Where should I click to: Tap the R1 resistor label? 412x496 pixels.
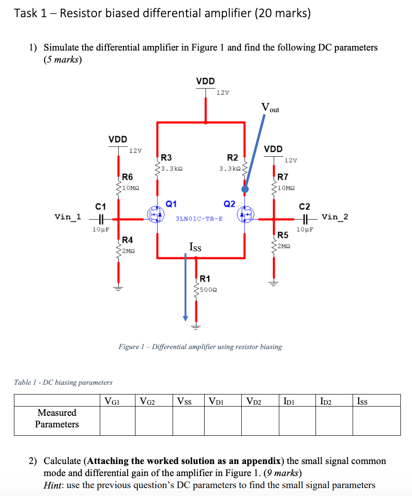point(205,279)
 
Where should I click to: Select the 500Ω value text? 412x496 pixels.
point(208,290)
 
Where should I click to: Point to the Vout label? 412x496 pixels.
point(270,108)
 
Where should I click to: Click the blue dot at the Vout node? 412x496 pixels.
point(245,189)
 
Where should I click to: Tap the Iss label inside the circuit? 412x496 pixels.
point(195,247)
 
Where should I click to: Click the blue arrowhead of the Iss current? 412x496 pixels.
point(185,318)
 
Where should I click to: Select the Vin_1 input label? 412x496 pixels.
point(68,216)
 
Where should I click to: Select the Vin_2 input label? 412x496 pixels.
point(335,216)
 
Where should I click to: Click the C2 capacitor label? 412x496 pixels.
point(305,206)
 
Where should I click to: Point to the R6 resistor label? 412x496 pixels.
point(128,177)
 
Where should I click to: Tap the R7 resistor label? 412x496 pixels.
point(283,177)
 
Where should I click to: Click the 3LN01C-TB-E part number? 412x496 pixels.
point(199,218)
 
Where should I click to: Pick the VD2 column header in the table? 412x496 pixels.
point(254,401)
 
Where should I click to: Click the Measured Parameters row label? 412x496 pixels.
point(57,418)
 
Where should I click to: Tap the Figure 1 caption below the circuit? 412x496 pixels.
point(200,346)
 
